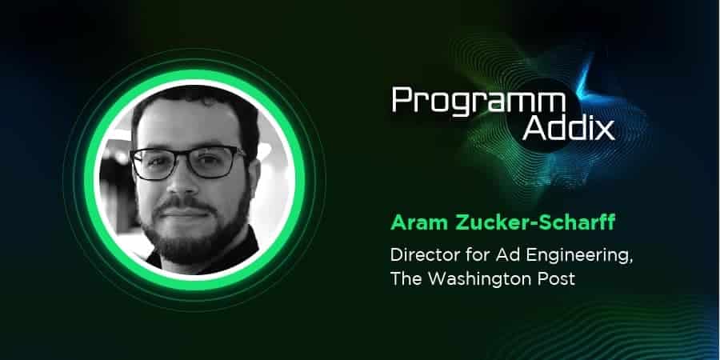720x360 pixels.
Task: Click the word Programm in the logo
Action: click(x=478, y=102)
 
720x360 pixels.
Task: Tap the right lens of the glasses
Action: click(x=217, y=163)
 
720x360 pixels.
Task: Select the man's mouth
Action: click(x=182, y=213)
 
